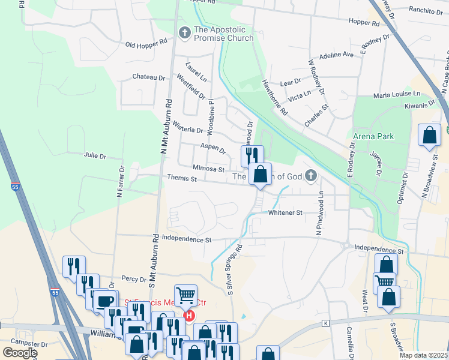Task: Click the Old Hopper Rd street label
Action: click(146, 44)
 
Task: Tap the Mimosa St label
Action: click(208, 169)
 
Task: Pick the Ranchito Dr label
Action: click(425, 10)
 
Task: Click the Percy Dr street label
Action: click(134, 278)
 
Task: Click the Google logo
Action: click(19, 352)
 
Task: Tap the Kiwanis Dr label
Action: click(420, 105)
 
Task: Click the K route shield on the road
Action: click(326, 323)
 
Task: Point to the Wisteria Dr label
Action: click(188, 129)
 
